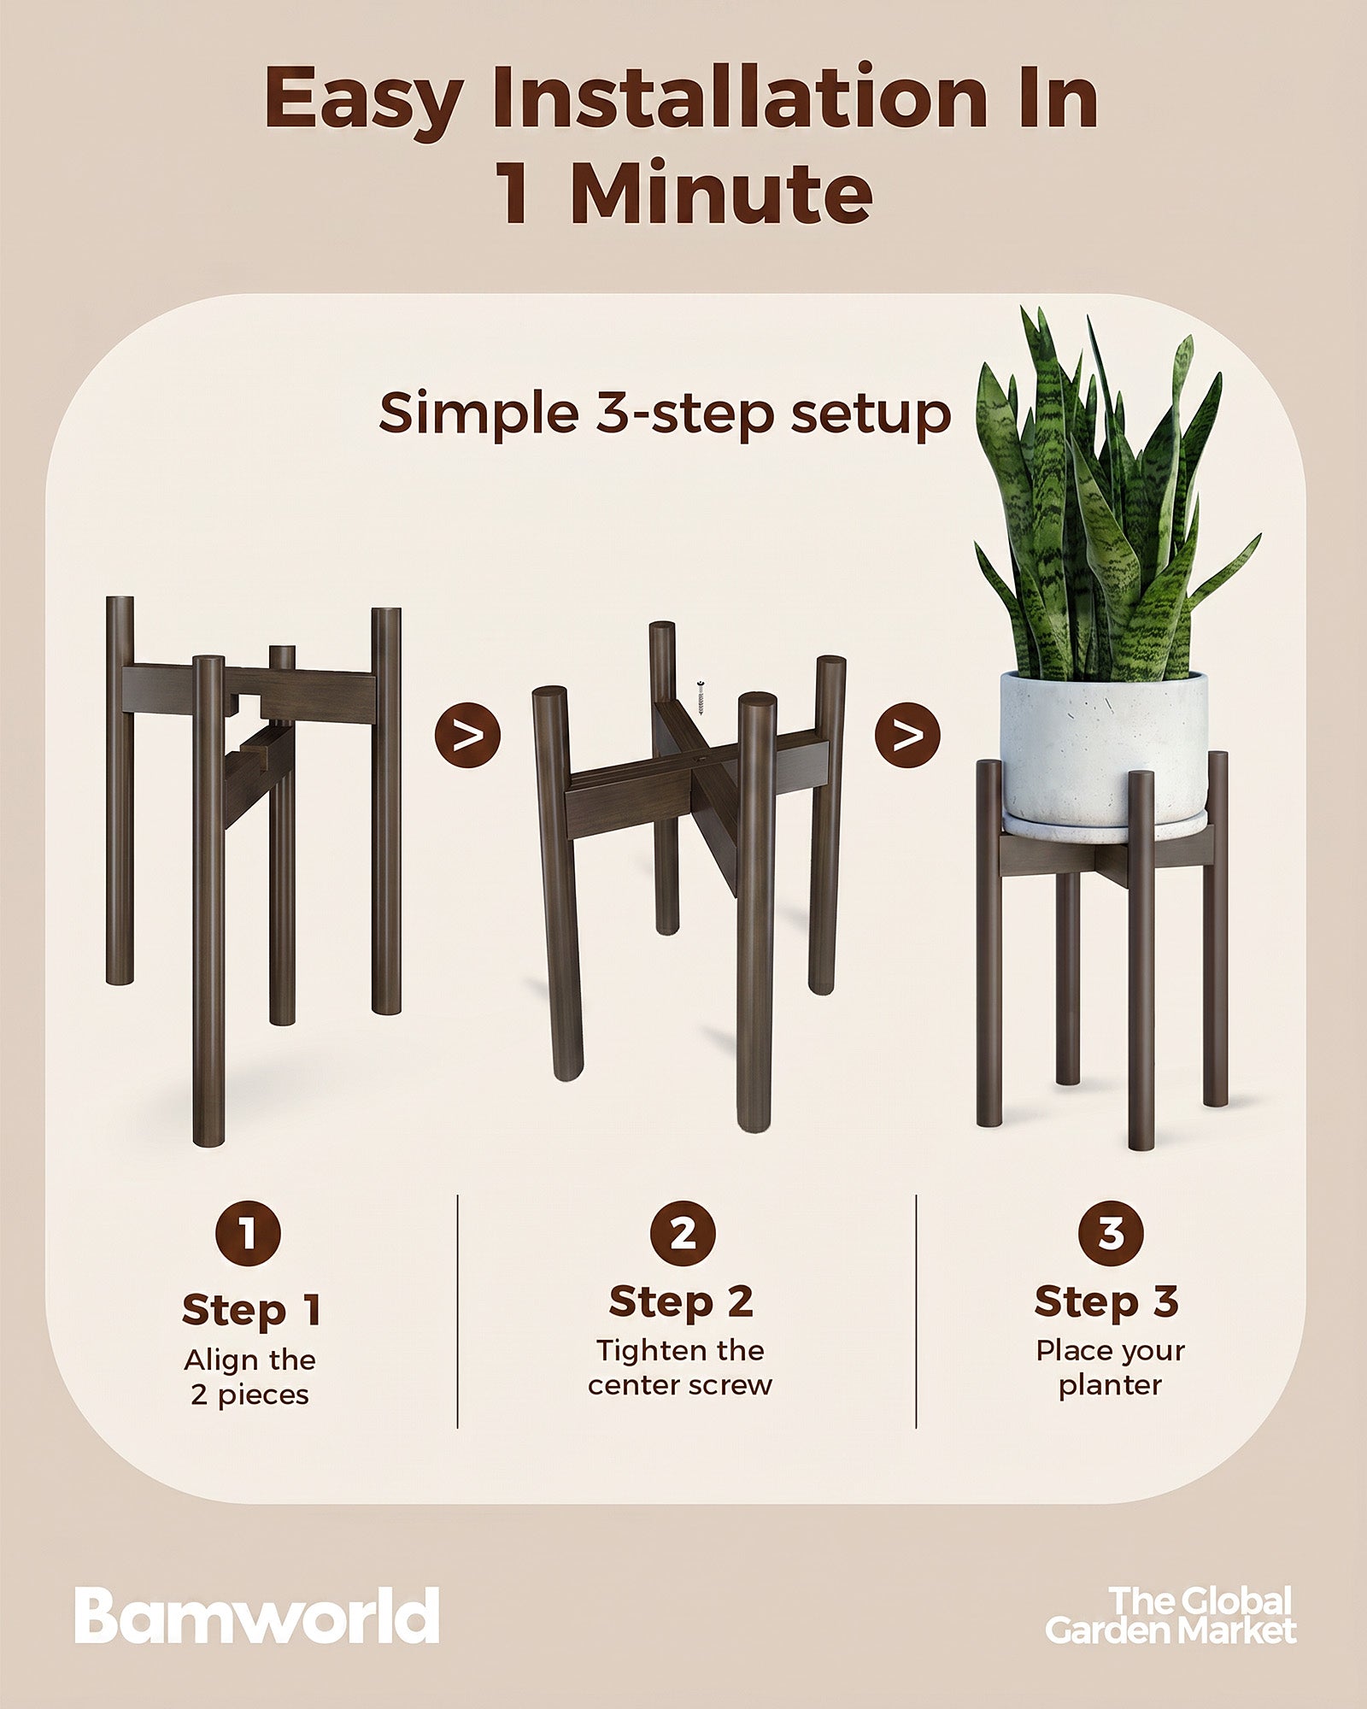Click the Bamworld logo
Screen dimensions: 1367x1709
256,1615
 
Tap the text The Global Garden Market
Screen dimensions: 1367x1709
1170,1615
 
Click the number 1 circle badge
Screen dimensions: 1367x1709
248,1234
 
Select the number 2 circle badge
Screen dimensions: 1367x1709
683,1234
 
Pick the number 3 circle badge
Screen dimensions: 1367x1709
1110,1234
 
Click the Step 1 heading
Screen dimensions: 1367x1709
251,1310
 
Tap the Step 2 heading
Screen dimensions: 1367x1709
681,1301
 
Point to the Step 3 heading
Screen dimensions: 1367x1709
1106,1301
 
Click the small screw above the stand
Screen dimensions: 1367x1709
701,698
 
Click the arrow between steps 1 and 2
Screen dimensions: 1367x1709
467,735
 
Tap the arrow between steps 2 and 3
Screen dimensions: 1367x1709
907,735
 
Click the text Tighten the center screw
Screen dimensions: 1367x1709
680,1367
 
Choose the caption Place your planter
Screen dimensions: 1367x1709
1110,1367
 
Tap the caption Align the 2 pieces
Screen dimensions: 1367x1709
250,1377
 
